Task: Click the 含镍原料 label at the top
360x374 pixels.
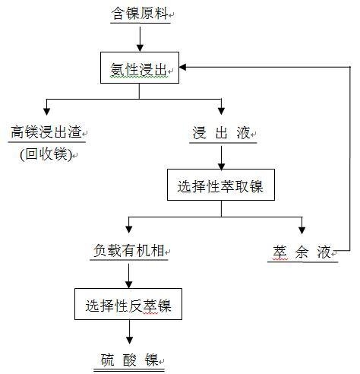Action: tap(140, 14)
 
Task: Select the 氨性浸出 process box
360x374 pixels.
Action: tap(140, 68)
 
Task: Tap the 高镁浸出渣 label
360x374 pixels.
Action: tap(46, 132)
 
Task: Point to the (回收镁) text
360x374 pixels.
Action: tap(46, 154)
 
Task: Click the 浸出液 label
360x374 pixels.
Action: tap(221, 132)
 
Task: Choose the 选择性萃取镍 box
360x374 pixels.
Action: tap(221, 185)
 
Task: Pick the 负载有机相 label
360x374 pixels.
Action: tap(129, 251)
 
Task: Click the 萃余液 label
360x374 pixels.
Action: tap(302, 252)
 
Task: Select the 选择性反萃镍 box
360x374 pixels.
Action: tap(128, 304)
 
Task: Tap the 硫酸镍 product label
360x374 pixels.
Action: tap(129, 360)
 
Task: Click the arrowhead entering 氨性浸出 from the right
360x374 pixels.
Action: tap(183, 67)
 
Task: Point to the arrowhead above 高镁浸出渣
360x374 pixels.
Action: tap(46, 111)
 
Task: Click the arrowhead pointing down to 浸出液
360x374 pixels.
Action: tap(221, 111)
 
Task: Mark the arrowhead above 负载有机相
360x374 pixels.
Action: tap(129, 230)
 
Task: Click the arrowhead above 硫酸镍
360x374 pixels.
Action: tap(129, 341)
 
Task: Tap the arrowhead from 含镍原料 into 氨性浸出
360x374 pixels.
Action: tap(140, 48)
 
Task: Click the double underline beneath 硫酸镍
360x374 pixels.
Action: tap(129, 371)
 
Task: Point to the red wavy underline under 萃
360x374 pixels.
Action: tap(280, 259)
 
